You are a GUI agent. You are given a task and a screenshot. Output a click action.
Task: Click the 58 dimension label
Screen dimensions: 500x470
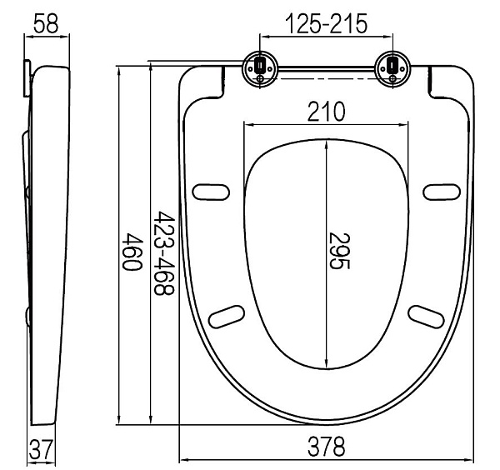[x=46, y=23]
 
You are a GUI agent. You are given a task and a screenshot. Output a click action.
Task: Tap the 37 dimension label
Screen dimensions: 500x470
[x=41, y=449]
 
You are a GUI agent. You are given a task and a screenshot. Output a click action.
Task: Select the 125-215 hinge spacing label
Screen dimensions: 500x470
[x=326, y=23]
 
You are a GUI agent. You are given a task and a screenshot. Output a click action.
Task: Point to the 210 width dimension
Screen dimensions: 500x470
[x=326, y=112]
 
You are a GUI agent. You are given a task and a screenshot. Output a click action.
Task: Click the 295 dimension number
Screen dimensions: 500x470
[x=339, y=252]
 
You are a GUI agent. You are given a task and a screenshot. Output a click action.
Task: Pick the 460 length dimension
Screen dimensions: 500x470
[x=132, y=252]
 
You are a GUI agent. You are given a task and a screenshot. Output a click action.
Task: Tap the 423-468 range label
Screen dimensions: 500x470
[x=164, y=252]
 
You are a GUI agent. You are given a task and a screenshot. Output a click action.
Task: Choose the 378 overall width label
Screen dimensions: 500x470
[x=326, y=447]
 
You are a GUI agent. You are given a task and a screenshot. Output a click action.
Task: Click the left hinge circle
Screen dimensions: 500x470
[x=260, y=68]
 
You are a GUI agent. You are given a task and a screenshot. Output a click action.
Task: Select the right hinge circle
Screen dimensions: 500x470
[x=392, y=68]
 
